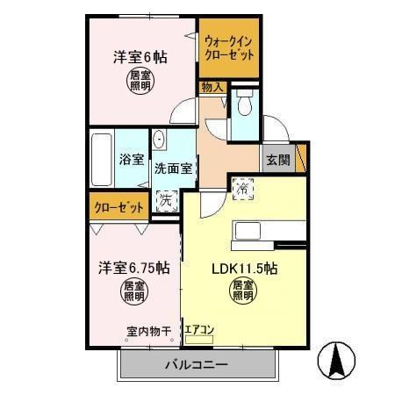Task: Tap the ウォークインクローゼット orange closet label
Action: pos(228,47)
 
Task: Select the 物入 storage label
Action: pos(212,88)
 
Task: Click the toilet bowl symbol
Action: pos(246,104)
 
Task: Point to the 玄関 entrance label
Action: pos(278,160)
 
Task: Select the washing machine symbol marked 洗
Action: pos(167,199)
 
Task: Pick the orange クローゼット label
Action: pos(118,207)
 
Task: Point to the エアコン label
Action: pos(199,330)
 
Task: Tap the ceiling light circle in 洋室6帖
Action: pos(140,82)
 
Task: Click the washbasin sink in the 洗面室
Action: pos(162,140)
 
